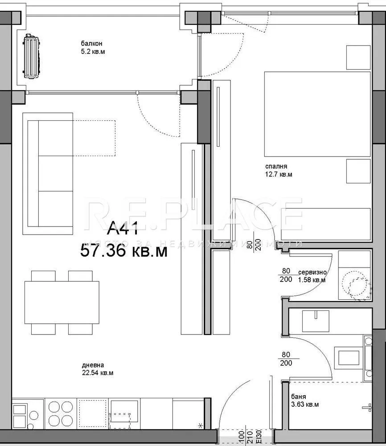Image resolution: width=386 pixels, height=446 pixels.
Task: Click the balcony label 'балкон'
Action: [x=91, y=44]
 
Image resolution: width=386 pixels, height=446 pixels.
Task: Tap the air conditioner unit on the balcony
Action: [x=32, y=57]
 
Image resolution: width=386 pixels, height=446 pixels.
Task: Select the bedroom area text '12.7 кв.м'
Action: [x=279, y=174]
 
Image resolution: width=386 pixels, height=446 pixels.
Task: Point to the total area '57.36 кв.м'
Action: [x=123, y=251]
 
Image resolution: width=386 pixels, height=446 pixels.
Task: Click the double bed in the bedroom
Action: [x=317, y=114]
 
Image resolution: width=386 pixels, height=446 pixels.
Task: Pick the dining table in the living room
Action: [x=62, y=302]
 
